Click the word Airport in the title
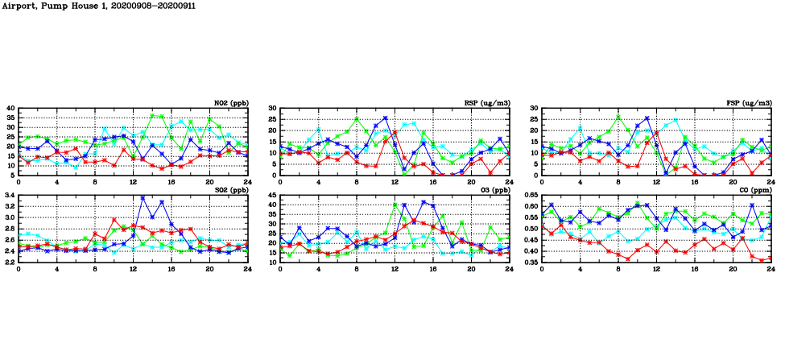point(18,6)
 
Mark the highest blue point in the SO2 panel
point(143,198)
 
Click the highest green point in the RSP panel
point(357,118)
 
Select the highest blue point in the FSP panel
point(647,118)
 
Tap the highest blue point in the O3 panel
point(423,202)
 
